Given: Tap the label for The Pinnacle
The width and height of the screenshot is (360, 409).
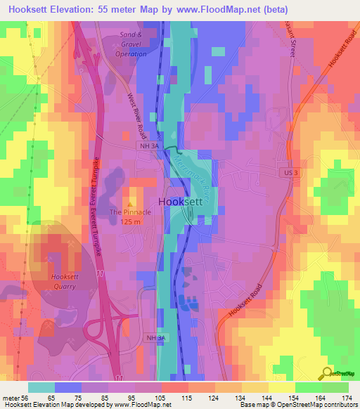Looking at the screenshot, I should [x=130, y=212].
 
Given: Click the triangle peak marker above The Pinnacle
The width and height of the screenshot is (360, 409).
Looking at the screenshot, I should [x=130, y=204].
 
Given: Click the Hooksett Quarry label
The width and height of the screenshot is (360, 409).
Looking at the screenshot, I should [x=69, y=281].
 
